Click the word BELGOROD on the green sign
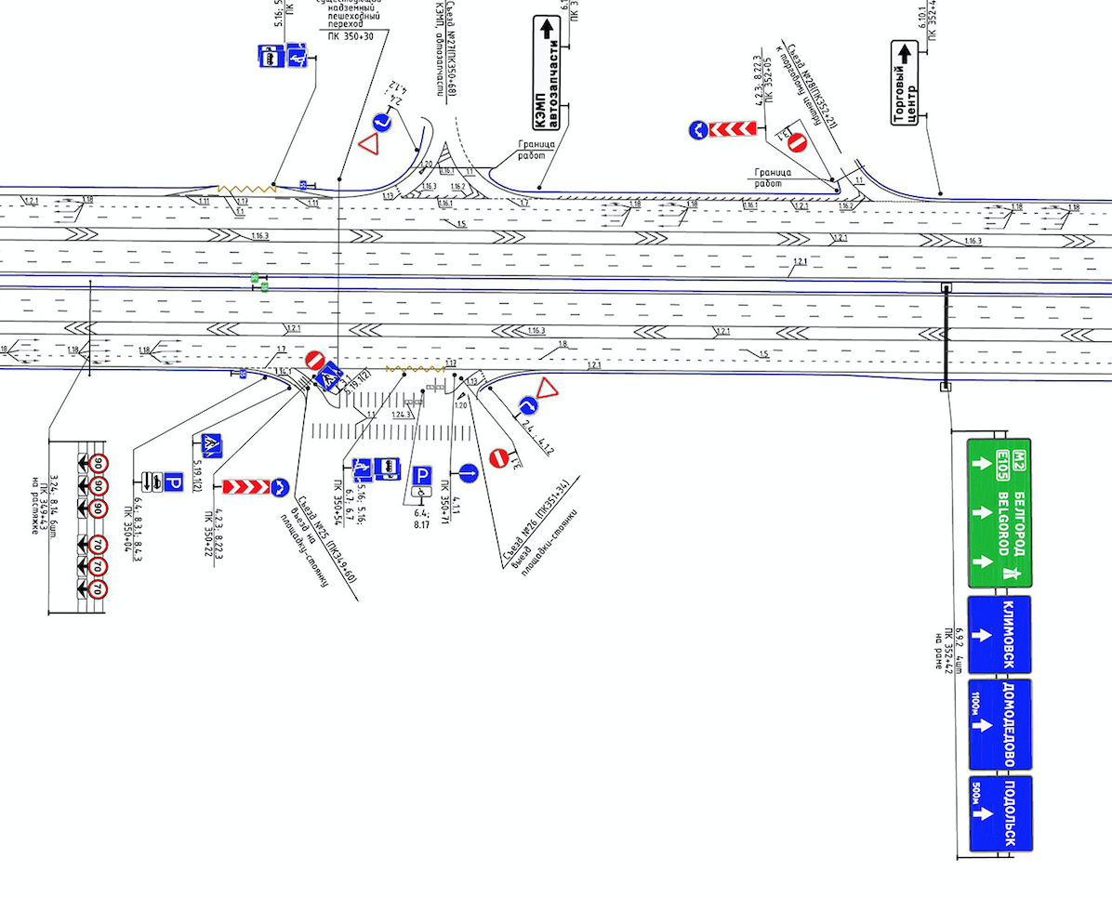pyautogui.click(x=1003, y=525)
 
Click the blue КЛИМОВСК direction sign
pyautogui.click(x=999, y=635)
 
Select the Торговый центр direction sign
pyautogui.click(x=905, y=85)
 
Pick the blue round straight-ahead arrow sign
pyautogui.click(x=468, y=473)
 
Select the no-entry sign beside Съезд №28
pyautogui.click(x=797, y=142)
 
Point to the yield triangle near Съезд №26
pyautogui.click(x=546, y=389)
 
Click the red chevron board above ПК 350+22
pyautogui.click(x=245, y=487)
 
